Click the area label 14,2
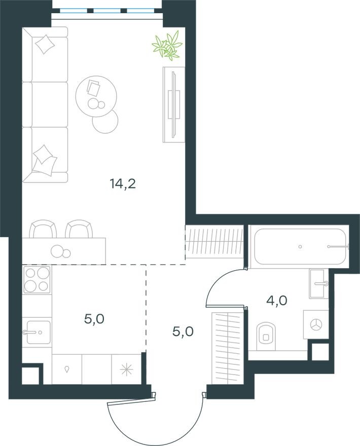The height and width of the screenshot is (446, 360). point(123,183)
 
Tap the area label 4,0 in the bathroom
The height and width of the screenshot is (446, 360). point(277,301)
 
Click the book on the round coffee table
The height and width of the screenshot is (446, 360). point(94,87)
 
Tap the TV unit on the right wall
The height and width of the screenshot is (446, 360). point(173,104)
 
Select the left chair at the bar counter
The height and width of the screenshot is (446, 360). point(43,229)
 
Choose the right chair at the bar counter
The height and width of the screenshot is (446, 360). point(79,229)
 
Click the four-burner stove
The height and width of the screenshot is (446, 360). point(37,279)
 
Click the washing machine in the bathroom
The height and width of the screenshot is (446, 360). point(316,325)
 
